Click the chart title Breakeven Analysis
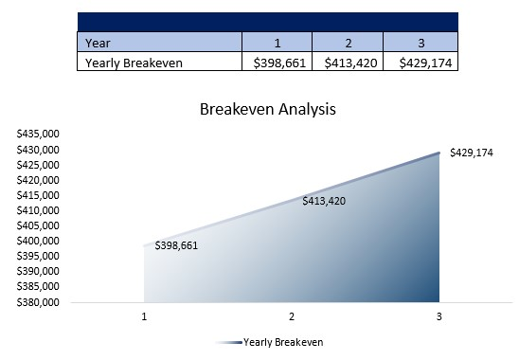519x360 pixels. pyautogui.click(x=267, y=109)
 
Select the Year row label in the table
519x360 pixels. pyautogui.click(x=98, y=43)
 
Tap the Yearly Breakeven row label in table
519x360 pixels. pyautogui.click(x=134, y=63)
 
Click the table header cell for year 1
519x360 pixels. pyautogui.click(x=277, y=43)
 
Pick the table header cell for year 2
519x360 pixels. pyautogui.click(x=348, y=43)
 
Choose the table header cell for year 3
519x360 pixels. pyautogui.click(x=420, y=43)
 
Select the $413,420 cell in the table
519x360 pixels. pyautogui.click(x=348, y=63)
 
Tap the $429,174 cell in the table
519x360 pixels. pyautogui.click(x=420, y=63)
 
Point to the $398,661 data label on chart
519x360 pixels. pyautogui.click(x=176, y=245)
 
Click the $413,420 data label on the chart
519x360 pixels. pyautogui.click(x=324, y=201)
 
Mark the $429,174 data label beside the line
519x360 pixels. pyautogui.click(x=472, y=152)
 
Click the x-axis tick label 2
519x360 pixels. pyautogui.click(x=292, y=315)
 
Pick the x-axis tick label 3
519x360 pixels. pyautogui.click(x=438, y=315)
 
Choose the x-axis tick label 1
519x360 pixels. pyautogui.click(x=144, y=315)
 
